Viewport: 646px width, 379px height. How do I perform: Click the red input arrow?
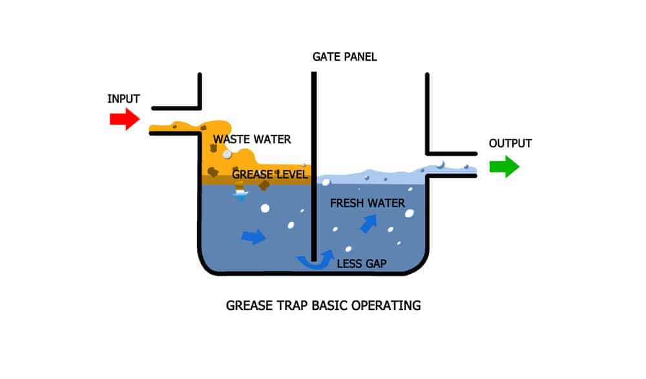pyautogui.click(x=125, y=119)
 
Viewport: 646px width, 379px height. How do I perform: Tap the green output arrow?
pyautogui.click(x=505, y=167)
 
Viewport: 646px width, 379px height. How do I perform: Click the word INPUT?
pyautogui.click(x=123, y=99)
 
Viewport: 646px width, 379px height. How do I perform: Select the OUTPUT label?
pyautogui.click(x=510, y=143)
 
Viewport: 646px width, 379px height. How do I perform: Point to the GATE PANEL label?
pyautogui.click(x=345, y=57)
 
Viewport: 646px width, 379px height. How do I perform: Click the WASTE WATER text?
pyautogui.click(x=252, y=139)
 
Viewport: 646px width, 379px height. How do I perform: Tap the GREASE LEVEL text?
pyautogui.click(x=270, y=174)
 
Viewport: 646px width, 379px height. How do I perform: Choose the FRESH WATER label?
pyautogui.click(x=368, y=203)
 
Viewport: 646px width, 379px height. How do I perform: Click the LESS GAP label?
pyautogui.click(x=362, y=263)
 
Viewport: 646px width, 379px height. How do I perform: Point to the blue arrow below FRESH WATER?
pyautogui.click(x=369, y=224)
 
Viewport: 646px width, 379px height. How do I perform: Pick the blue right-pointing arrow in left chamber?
pyautogui.click(x=253, y=237)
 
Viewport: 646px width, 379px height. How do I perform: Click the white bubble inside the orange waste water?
pyautogui.click(x=227, y=154)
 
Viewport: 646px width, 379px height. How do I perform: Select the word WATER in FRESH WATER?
pyautogui.click(x=387, y=203)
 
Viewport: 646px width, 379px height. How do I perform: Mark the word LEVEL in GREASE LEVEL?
pyautogui.click(x=292, y=174)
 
